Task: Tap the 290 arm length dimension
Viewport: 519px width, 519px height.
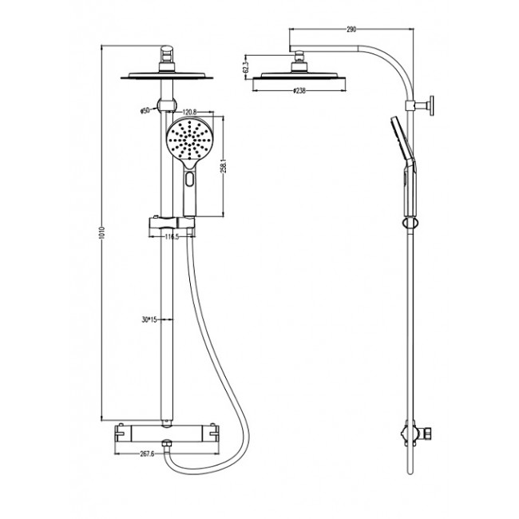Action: [350, 30]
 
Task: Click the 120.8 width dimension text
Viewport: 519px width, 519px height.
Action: [190, 113]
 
